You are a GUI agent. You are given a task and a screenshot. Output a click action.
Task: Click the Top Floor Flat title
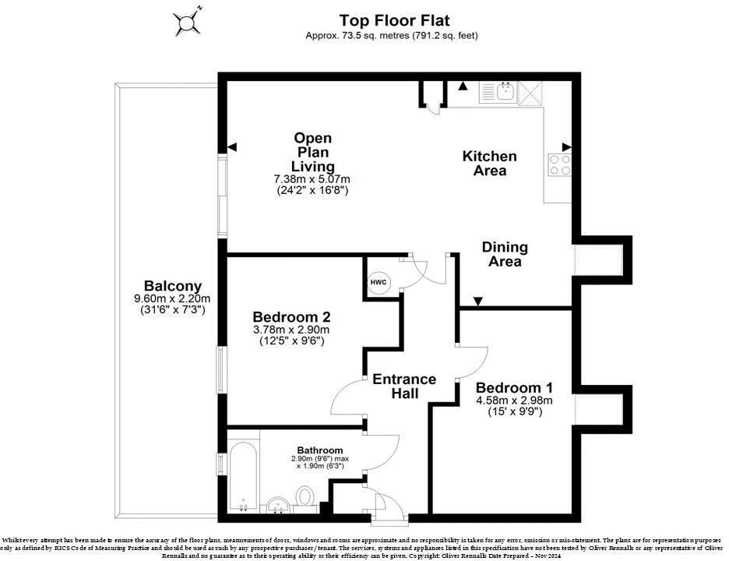point(394,20)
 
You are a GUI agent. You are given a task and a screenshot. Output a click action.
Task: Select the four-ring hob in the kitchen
point(560,165)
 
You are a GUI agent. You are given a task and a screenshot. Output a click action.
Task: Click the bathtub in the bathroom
point(243,477)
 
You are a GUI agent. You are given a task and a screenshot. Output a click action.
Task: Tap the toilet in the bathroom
point(305,497)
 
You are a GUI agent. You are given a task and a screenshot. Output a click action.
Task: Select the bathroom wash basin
point(279,505)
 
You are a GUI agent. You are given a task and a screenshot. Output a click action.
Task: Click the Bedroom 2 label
point(291,317)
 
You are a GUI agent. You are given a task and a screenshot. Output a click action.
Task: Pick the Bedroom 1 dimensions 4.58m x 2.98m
point(514,400)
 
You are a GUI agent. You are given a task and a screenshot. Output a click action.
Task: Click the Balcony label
point(172,286)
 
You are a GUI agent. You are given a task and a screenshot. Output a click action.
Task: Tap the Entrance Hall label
point(404,386)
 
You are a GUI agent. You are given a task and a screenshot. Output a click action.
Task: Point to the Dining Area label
point(505,254)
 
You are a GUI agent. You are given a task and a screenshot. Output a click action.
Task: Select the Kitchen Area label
point(490,164)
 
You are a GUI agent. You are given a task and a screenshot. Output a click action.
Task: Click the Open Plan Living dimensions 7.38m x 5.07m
point(312,179)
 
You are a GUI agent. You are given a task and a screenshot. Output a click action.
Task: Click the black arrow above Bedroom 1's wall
point(478,302)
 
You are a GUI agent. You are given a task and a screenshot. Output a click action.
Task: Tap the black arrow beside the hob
point(567,147)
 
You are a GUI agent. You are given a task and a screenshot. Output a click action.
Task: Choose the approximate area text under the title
point(392,35)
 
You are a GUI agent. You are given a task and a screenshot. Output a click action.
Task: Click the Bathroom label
point(320,450)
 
